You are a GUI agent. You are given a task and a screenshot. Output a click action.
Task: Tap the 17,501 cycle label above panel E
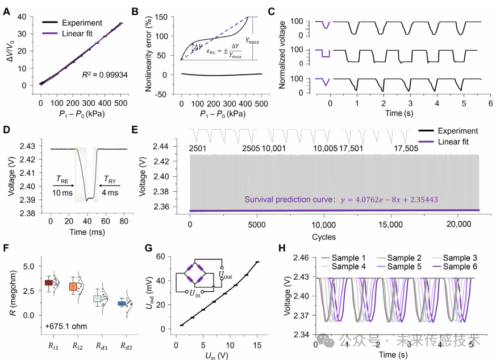click(358, 149)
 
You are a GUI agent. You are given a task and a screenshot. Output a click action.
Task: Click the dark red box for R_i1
click(49, 282)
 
